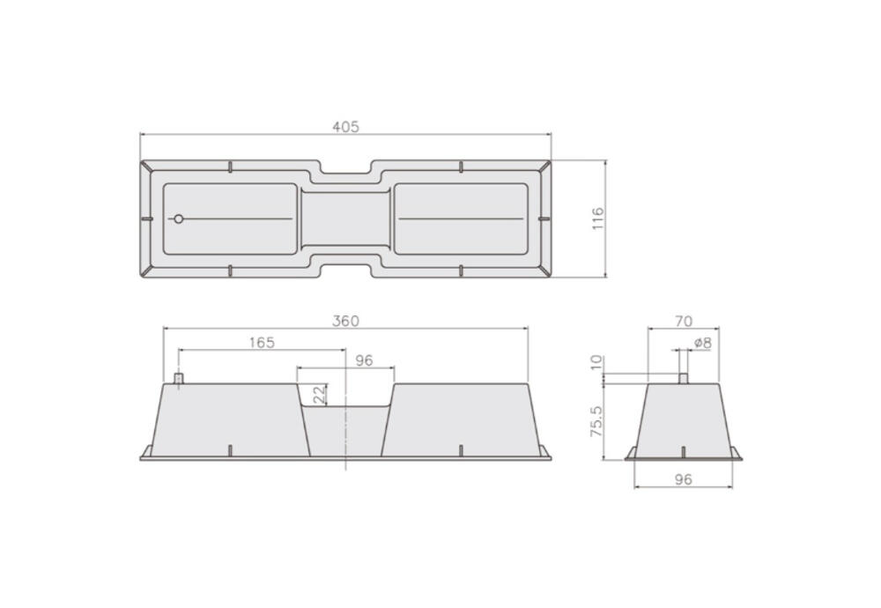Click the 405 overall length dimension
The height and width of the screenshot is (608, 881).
click(345, 127)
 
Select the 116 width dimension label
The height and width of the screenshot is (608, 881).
click(597, 218)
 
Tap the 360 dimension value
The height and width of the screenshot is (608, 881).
click(345, 322)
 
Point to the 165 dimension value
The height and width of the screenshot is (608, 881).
click(262, 343)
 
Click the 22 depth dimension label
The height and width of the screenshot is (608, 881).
click(319, 395)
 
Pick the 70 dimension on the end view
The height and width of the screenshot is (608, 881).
click(684, 322)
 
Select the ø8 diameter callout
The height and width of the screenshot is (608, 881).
click(703, 343)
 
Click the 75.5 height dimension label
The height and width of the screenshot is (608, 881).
click(596, 421)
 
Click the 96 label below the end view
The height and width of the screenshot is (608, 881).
click(684, 480)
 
